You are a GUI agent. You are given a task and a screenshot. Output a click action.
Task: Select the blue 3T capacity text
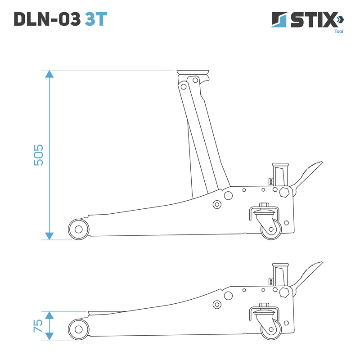tap(96, 19)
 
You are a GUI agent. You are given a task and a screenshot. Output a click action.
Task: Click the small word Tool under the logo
tap(338, 31)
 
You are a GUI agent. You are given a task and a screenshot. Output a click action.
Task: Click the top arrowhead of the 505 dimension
tap(49, 74)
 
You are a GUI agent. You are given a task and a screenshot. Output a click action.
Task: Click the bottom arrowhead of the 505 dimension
tap(49, 236)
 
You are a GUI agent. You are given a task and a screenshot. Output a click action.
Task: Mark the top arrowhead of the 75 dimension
tap(49, 315)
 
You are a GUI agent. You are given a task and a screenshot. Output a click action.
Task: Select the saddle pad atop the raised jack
tap(194, 72)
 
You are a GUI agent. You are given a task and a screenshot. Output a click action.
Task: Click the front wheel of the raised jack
tap(79, 229)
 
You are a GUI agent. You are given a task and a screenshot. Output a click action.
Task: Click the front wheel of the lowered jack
tap(79, 329)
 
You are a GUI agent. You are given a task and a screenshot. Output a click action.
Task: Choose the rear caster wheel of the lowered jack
tap(271, 328)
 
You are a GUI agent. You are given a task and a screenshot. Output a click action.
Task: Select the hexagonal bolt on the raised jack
tap(284, 193)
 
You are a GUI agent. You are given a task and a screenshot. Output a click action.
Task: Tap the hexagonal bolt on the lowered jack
tap(284, 292)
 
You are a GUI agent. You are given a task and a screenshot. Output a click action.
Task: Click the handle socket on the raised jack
tap(279, 173)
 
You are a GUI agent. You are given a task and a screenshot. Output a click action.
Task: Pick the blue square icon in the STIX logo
tap(279, 20)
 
